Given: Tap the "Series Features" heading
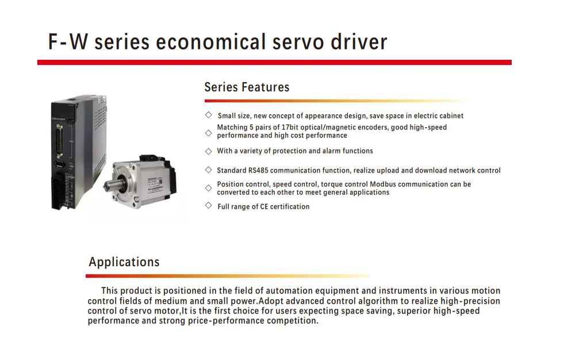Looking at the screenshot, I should (x=247, y=87).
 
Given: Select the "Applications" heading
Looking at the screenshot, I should (x=124, y=262).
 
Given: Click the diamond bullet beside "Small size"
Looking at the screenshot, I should (x=209, y=115).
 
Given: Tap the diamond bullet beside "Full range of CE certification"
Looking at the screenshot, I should (x=209, y=205).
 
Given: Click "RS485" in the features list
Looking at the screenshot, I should (x=258, y=170).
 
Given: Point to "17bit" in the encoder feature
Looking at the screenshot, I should (x=291, y=128).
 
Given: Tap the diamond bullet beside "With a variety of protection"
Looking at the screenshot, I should (x=209, y=151).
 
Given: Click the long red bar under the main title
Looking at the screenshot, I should (x=274, y=62).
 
